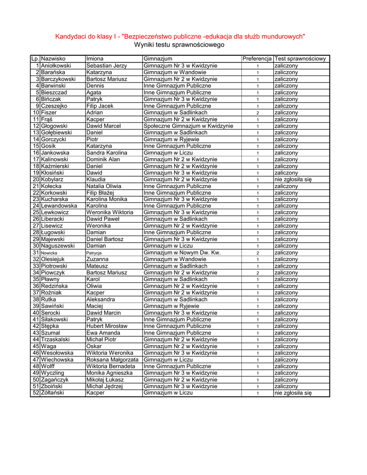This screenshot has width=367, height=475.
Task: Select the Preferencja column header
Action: click(257, 59)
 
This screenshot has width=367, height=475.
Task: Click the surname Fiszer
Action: click(49, 113)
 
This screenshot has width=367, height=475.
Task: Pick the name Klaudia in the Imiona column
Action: click(96, 180)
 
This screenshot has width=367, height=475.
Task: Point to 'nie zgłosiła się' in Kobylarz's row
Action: click(293, 180)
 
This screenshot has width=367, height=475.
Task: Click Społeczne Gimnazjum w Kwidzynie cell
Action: click(188, 126)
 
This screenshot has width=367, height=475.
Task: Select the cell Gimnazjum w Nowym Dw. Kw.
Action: click(182, 253)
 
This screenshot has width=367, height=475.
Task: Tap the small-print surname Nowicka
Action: click(49, 253)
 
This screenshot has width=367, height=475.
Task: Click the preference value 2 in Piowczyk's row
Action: click(258, 273)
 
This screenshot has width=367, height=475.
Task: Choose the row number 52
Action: click(35, 393)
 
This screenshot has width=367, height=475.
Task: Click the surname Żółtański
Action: click(52, 393)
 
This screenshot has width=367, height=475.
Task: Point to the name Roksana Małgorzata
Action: click(112, 359)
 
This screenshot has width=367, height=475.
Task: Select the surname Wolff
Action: click(48, 366)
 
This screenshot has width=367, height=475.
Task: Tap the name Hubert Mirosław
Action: click(107, 326)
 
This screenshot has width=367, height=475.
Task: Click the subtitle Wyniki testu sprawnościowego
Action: click(179, 45)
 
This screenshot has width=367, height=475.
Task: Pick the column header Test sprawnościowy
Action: click(300, 59)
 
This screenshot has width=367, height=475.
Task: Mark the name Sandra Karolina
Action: click(107, 153)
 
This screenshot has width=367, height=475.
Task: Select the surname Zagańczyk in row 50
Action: click(55, 380)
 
